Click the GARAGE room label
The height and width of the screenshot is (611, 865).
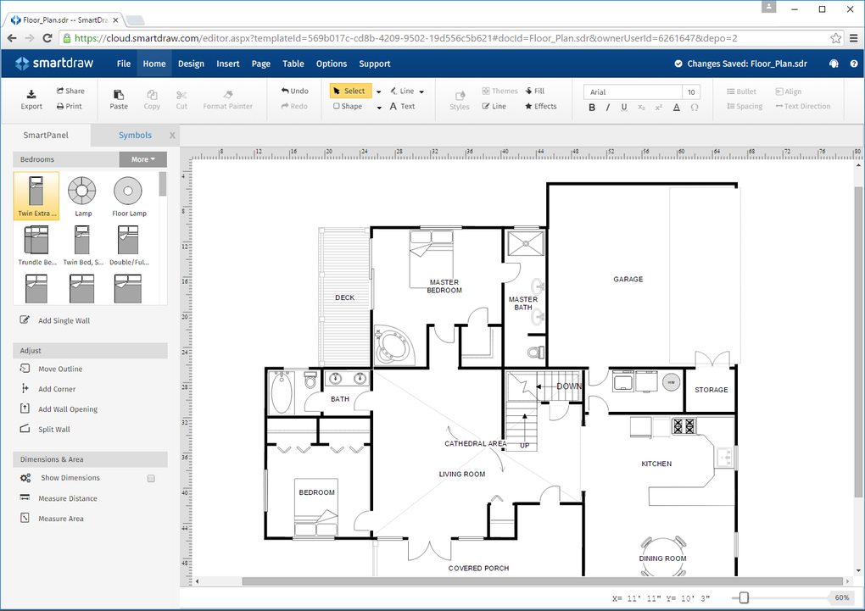point(628,279)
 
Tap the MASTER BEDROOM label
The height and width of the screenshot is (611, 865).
point(444,286)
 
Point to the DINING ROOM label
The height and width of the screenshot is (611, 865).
point(662,558)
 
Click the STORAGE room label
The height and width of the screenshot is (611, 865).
point(711,390)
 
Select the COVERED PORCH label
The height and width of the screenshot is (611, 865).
point(478,568)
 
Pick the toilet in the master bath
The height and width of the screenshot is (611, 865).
point(535,351)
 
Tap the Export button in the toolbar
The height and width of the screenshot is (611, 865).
point(31,99)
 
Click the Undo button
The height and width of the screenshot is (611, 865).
point(294,91)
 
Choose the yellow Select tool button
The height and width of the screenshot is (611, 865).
point(349,91)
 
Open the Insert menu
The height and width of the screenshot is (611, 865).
point(228,64)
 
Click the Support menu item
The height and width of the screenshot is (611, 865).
point(374,64)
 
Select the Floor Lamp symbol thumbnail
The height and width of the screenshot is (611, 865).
point(129,196)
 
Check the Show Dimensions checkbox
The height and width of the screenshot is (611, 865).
point(151,478)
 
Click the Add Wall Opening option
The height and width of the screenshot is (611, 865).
point(67,409)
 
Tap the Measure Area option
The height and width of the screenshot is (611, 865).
point(60,519)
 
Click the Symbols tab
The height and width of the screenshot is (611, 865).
point(135,135)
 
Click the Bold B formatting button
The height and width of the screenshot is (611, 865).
point(592,107)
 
